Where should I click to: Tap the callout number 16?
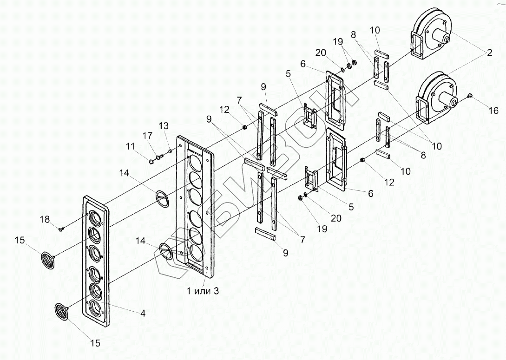click(x=493, y=111)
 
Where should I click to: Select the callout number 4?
click(x=143, y=314)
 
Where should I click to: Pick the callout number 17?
click(x=147, y=136)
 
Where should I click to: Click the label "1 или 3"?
click(x=202, y=291)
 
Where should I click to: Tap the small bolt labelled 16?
click(x=470, y=96)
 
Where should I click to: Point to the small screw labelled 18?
click(x=61, y=228)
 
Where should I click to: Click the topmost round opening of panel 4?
click(x=94, y=217)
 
